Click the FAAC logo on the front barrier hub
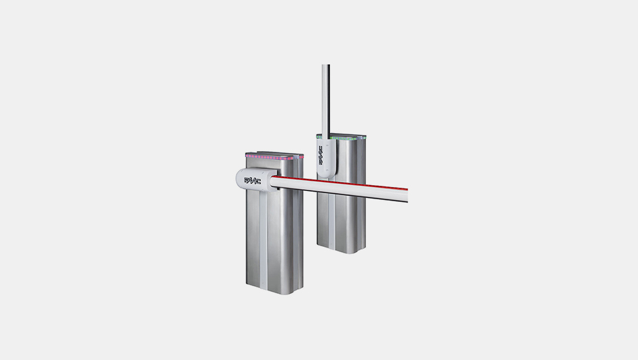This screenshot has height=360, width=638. [252, 181]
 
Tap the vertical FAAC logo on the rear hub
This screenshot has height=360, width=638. [321, 156]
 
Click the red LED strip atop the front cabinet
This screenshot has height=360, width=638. [269, 157]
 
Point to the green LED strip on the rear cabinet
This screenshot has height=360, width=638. [341, 138]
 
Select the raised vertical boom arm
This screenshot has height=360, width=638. [325, 100]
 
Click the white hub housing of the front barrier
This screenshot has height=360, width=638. [257, 179]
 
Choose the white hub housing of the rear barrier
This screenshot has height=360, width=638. [326, 157]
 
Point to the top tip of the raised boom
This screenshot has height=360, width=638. [325, 65]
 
